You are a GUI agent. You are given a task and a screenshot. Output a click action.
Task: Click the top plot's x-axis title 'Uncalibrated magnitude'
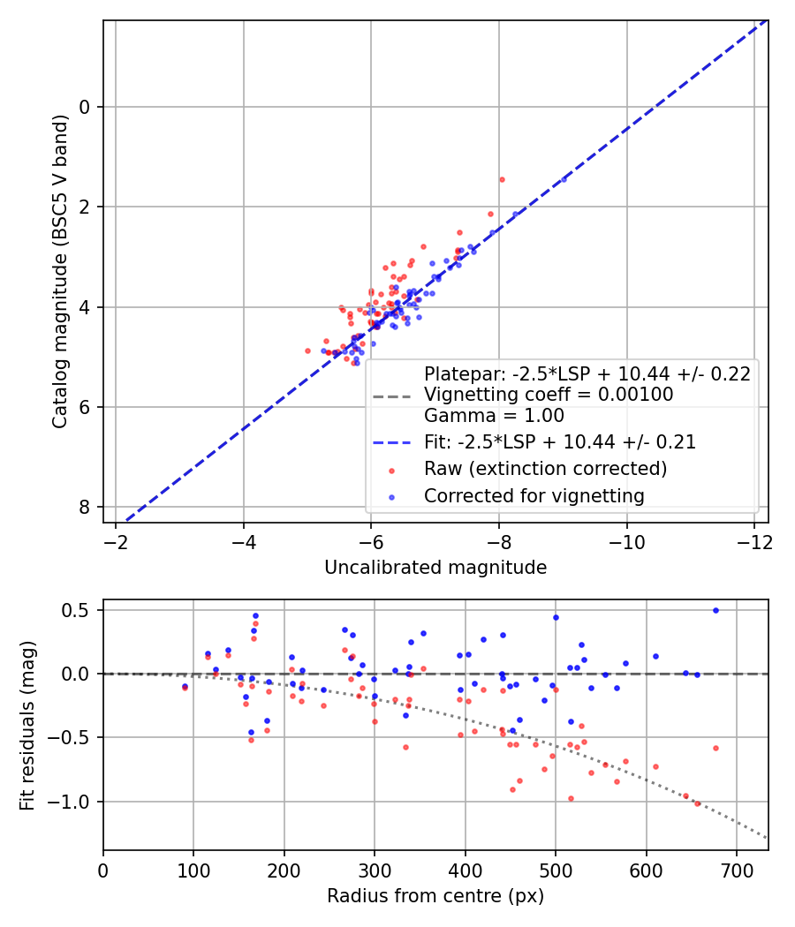pos(435,567)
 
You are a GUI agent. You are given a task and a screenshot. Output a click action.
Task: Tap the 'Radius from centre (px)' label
pos(435,896)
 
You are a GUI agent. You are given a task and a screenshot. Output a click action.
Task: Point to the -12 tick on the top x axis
pos(753,540)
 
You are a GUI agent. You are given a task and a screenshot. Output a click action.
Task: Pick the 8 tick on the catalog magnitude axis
pos(86,507)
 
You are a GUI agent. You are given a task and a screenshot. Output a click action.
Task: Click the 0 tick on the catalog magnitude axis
pos(86,107)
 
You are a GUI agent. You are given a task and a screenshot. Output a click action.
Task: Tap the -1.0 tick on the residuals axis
pos(74,802)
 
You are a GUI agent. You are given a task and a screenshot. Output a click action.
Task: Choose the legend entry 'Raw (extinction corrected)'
pos(545,468)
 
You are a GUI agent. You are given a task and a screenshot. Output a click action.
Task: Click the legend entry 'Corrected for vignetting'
pos(534,496)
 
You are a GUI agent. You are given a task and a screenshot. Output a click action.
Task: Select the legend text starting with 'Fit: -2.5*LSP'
pos(560,441)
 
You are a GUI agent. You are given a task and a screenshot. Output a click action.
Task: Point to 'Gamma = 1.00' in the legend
pos(494,415)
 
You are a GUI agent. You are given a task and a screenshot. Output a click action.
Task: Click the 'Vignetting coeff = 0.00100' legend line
pos(549,394)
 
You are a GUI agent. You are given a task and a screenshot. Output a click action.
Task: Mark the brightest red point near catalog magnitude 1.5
pos(502,179)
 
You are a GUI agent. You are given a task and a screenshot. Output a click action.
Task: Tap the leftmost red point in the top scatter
pos(307,350)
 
